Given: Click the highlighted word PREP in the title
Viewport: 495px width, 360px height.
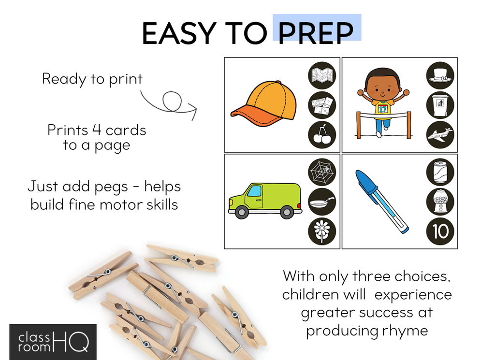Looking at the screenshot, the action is click(316, 33).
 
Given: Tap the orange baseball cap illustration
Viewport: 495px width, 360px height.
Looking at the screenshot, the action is click(264, 104).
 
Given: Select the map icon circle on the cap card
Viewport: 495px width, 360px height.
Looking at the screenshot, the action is click(322, 75).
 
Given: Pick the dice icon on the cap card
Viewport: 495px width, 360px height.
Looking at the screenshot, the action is click(322, 105).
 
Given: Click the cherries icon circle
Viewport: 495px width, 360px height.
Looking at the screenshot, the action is click(322, 135).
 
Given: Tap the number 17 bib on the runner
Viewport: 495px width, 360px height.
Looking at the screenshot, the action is click(383, 109).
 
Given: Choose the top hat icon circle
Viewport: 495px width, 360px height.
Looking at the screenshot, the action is click(440, 75).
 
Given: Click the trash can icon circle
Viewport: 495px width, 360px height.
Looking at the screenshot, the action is click(440, 105).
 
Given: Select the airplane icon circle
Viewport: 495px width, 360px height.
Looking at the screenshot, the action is click(440, 135).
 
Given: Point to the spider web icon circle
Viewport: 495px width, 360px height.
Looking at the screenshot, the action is click(322, 172).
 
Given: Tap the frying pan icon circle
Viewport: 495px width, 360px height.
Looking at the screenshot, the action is click(322, 202).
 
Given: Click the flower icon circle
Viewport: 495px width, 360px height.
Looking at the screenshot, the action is click(322, 231).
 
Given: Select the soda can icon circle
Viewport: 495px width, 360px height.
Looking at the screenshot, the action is click(440, 172).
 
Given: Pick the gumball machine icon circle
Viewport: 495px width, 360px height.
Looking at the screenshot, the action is click(440, 202).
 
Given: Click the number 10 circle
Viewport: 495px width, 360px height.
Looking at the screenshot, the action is click(440, 231).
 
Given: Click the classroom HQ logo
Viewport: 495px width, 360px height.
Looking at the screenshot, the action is click(53, 342).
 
